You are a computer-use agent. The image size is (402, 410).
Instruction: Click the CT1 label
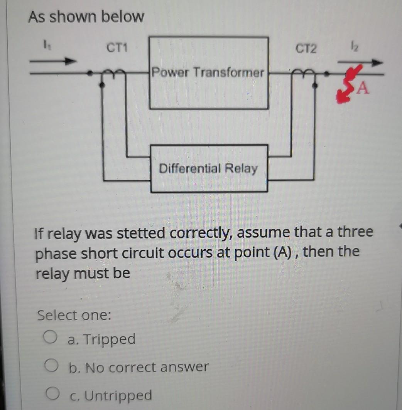click(x=118, y=48)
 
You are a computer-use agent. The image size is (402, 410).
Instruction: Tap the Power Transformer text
click(x=208, y=72)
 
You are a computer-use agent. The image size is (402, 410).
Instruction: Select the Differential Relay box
click(x=209, y=168)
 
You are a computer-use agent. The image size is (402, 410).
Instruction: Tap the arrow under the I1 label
click(x=52, y=61)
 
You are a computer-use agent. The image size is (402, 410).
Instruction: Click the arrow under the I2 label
click(x=360, y=62)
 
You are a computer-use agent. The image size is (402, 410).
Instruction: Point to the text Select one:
click(x=74, y=316)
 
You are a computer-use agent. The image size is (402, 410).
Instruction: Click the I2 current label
click(x=351, y=47)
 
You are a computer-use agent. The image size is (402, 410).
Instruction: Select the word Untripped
click(x=118, y=395)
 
